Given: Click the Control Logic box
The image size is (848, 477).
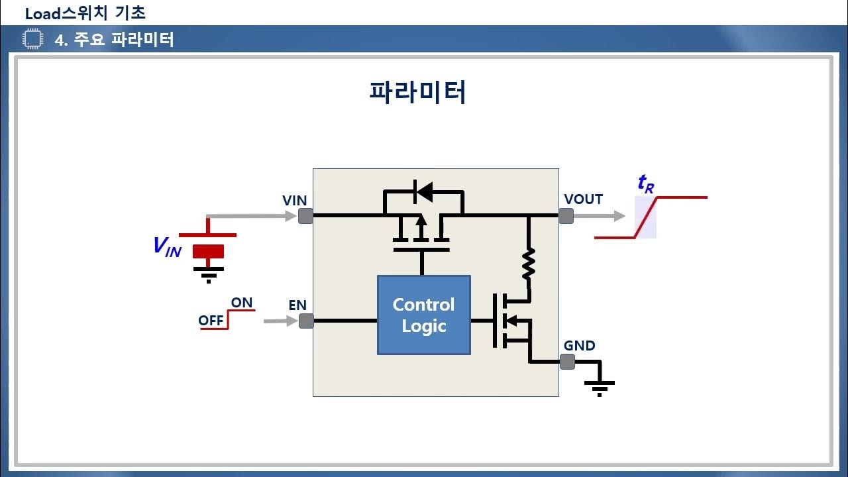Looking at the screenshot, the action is [424, 315].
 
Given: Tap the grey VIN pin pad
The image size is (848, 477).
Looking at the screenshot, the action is [305, 216].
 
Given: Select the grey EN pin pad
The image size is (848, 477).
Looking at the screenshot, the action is [306, 321].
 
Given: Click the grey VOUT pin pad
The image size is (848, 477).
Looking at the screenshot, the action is [566, 216].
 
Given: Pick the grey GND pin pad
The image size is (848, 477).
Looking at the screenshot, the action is [567, 362].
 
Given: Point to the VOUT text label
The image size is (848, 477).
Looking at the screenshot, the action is [584, 199].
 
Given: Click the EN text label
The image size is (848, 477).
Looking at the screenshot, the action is [297, 305].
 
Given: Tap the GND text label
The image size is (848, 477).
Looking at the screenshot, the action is [579, 345].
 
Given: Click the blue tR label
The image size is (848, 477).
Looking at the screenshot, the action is [646, 184].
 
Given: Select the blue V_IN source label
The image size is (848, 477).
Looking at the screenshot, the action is [167, 247].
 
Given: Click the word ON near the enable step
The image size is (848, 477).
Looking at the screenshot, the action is [242, 303].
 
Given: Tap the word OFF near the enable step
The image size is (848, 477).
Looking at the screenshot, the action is [211, 321].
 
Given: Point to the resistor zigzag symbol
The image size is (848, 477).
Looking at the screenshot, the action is [529, 264].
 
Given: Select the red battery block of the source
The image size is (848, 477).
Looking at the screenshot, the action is [208, 251].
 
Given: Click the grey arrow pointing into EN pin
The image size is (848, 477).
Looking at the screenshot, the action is [280, 321].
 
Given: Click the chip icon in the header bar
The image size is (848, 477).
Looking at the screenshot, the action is [33, 38].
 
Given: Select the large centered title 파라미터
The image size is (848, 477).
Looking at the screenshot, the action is [417, 92].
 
